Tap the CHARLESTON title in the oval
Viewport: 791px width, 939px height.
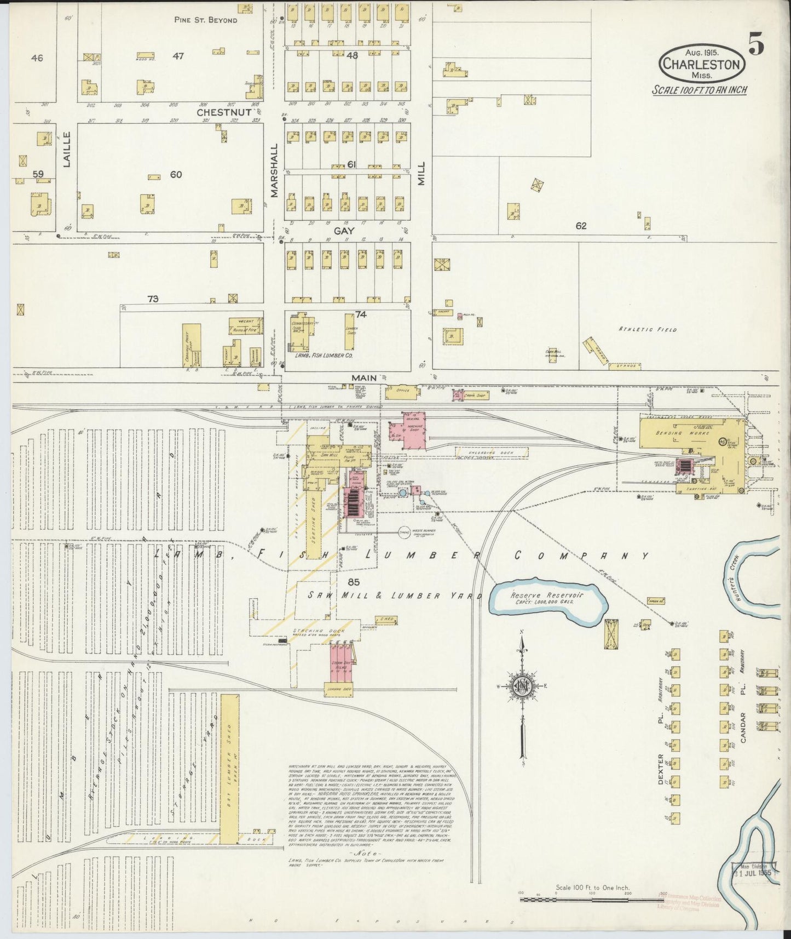click(x=702, y=64)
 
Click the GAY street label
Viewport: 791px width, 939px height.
click(x=348, y=231)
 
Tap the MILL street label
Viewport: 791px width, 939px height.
click(x=421, y=175)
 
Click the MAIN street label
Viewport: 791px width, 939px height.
click(x=364, y=377)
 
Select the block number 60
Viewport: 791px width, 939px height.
click(x=176, y=175)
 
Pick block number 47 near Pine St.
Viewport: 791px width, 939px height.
click(x=178, y=55)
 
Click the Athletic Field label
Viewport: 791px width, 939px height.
click(x=648, y=329)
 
